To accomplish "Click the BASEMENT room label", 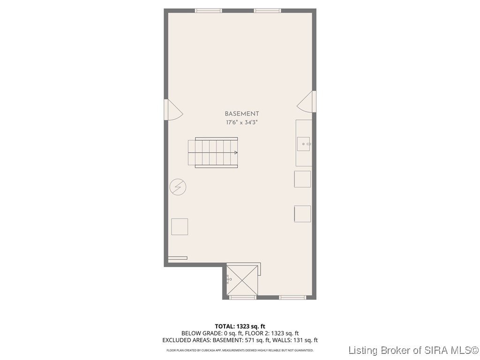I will (x=241, y=114).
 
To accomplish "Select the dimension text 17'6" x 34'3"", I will (x=241, y=122).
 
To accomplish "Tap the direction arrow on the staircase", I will (x=236, y=152).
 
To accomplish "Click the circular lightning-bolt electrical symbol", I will (x=178, y=187).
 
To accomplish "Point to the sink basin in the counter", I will (x=303, y=144).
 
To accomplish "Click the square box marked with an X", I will (x=242, y=280).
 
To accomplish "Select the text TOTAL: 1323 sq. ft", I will (x=240, y=326).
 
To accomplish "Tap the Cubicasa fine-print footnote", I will (x=240, y=350).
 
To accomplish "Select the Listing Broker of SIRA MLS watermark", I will (x=413, y=350).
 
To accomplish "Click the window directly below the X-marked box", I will (x=242, y=297).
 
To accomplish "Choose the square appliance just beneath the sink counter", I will (x=302, y=179).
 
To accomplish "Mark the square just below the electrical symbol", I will (x=179, y=226).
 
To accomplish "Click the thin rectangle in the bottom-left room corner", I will (x=178, y=258).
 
